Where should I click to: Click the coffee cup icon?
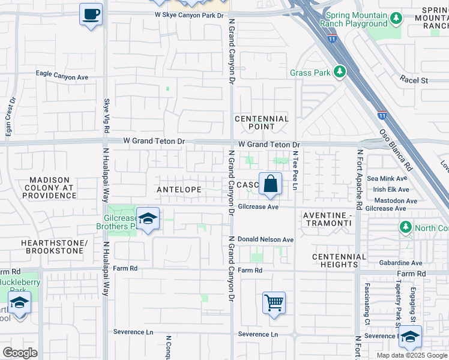pos(91,14)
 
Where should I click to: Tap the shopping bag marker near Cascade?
pos(271,184)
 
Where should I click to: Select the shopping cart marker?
pos(274,303)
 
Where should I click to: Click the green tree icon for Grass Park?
pos(340,72)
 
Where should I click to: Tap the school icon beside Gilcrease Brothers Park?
pos(147,220)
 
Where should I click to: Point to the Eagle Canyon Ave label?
pos(62,77)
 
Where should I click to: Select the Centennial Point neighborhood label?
pos(262,122)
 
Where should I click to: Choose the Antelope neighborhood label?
pos(179,189)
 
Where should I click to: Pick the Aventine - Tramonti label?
pos(327,218)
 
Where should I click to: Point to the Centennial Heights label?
pos(339,260)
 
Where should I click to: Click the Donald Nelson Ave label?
pos(265,239)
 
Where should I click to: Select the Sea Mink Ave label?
pos(387,178)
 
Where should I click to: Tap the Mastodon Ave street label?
pos(394,200)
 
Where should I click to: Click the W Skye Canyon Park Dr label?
pos(188,14)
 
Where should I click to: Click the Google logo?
pos(20,353)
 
